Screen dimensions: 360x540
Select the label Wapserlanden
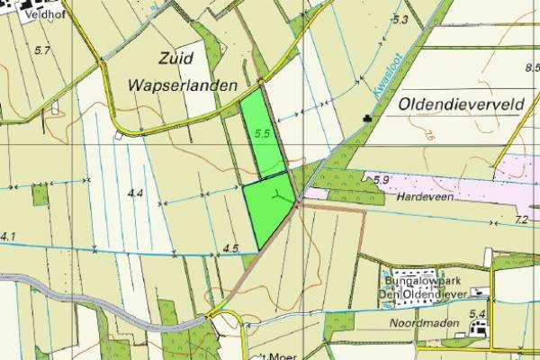click(x=184, y=85)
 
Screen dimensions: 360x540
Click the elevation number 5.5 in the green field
click(x=263, y=133)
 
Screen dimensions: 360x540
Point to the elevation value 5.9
click(x=380, y=180)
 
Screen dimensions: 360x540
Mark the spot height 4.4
click(x=136, y=193)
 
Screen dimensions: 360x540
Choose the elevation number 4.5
click(x=229, y=247)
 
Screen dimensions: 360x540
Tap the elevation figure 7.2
click(x=521, y=219)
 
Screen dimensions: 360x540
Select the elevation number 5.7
click(x=41, y=50)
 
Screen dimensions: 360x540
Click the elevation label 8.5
click(x=531, y=68)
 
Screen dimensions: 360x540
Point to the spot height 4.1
click(x=8, y=236)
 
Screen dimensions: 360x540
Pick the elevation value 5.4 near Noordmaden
click(x=478, y=313)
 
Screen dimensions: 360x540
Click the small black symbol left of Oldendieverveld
click(x=367, y=118)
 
